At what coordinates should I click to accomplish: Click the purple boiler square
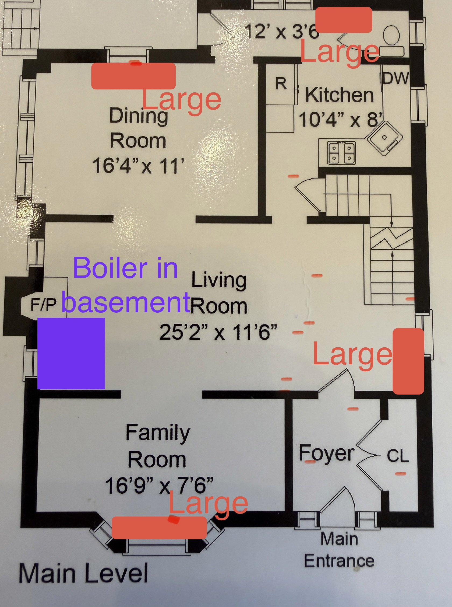click(x=71, y=353)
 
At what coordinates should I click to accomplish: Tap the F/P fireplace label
click(x=43, y=304)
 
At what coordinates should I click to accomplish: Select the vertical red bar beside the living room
click(x=408, y=361)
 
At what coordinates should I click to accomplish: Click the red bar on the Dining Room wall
click(x=133, y=76)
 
